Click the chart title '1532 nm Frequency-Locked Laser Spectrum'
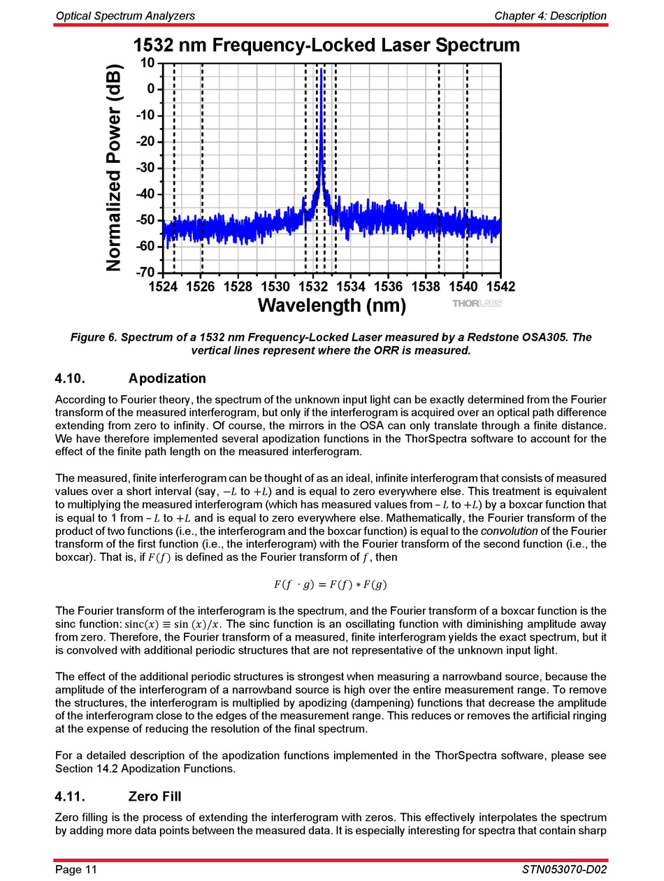tap(326, 45)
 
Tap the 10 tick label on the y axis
tap(147, 63)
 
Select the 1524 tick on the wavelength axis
tap(162, 286)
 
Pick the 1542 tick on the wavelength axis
tap(500, 286)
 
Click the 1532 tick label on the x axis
tap(312, 286)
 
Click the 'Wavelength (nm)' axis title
tap(331, 306)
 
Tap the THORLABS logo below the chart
tap(477, 303)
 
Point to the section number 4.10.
tap(70, 379)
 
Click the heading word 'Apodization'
tap(167, 379)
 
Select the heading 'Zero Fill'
tap(155, 796)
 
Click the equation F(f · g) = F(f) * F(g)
tap(331, 585)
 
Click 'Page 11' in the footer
tap(76, 870)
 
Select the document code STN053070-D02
tap(563, 870)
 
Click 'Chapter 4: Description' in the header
tap(550, 15)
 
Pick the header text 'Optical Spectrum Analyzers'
tap(125, 15)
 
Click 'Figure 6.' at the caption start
tap(93, 338)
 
